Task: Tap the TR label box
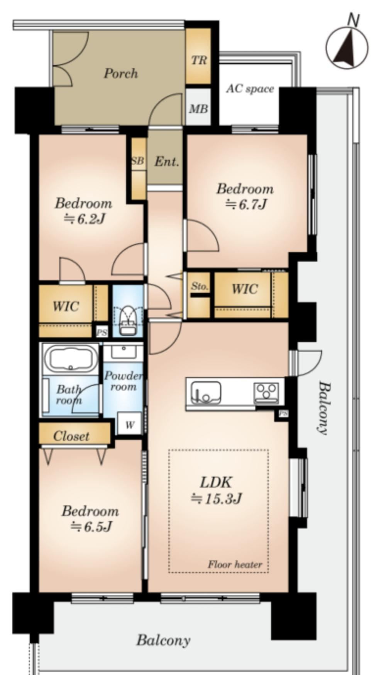[199, 60]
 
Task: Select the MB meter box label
[198, 109]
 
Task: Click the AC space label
[250, 89]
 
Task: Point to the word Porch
[120, 73]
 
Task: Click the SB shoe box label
[138, 160]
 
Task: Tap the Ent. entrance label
[167, 161]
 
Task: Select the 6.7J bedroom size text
[245, 204]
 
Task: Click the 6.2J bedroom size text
[85, 219]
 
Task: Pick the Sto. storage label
[200, 286]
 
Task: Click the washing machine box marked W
[129, 424]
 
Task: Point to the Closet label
[71, 436]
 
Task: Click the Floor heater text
[235, 565]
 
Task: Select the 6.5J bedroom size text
[91, 526]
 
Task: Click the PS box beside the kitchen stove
[283, 414]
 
